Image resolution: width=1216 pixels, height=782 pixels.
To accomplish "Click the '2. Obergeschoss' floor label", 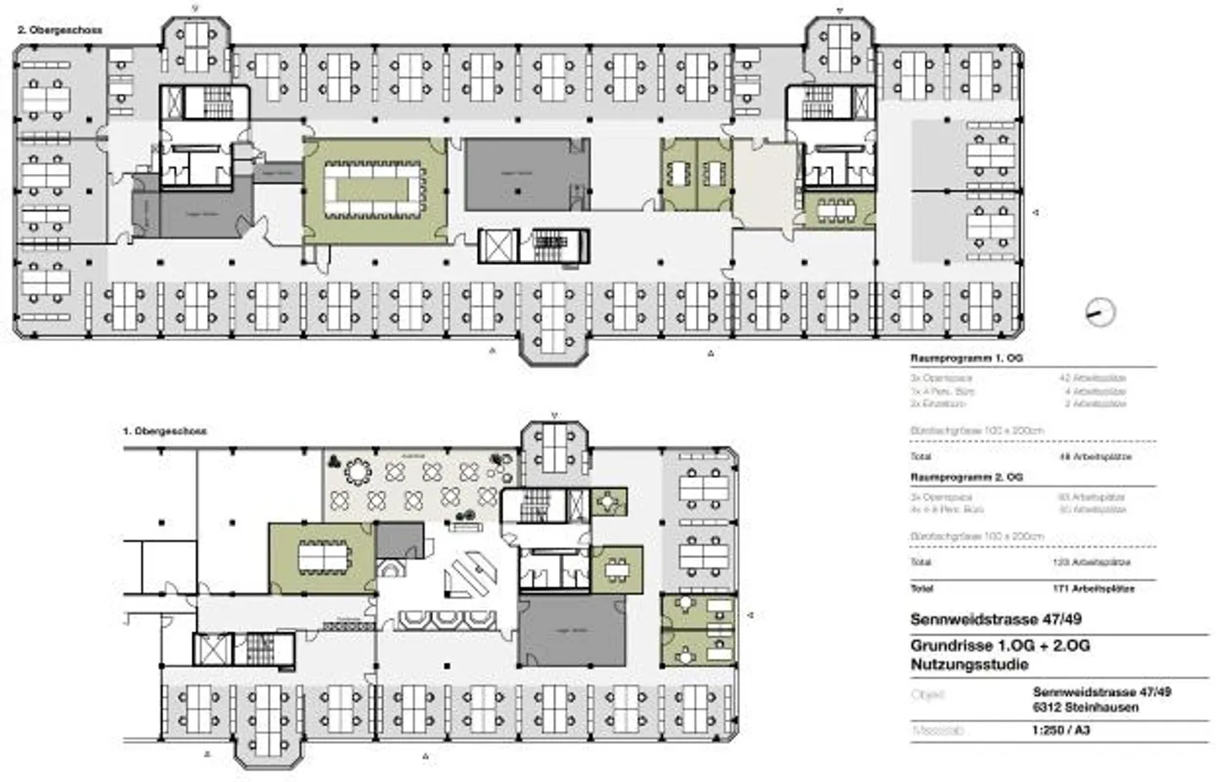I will click(60, 30).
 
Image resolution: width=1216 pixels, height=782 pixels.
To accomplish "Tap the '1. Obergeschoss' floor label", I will click(165, 431).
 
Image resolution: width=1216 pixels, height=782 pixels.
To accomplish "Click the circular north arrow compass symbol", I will click(1099, 312).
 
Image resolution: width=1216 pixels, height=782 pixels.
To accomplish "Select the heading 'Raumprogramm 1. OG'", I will click(966, 358).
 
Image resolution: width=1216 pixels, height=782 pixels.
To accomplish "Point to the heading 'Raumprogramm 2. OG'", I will click(966, 477).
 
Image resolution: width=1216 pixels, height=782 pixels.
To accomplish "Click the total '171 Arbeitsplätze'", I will click(1093, 589).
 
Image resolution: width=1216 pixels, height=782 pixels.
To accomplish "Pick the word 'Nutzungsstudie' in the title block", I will click(969, 665).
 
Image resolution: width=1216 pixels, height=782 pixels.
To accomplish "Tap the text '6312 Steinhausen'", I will click(1085, 708).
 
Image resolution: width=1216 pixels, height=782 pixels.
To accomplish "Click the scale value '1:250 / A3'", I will click(1060, 730).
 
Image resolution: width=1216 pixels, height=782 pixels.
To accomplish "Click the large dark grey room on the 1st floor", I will click(572, 631).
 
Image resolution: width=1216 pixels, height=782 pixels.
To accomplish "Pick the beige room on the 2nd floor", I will click(763, 182).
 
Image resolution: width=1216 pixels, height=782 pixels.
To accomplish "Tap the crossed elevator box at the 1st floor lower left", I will click(209, 649).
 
